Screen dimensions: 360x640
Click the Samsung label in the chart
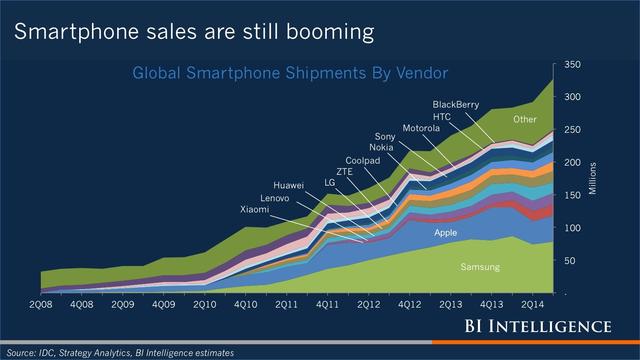click(x=479, y=268)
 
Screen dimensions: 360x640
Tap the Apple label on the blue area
click(x=445, y=233)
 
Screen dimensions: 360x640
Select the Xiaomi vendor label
click(x=254, y=210)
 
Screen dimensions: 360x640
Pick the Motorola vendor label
click(x=421, y=129)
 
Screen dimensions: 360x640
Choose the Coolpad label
click(x=362, y=160)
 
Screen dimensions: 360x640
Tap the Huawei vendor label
click(x=290, y=186)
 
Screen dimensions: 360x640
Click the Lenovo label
click(x=275, y=198)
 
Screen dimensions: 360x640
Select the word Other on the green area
click(x=525, y=120)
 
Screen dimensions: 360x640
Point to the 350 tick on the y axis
click(x=572, y=65)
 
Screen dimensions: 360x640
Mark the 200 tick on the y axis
click(x=572, y=163)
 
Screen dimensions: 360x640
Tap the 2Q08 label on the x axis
click(x=42, y=304)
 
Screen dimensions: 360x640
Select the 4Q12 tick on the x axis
click(x=410, y=304)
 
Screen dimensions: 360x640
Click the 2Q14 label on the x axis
click(x=533, y=304)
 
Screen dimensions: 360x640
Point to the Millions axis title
click(x=593, y=178)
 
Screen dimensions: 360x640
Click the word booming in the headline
click(x=325, y=32)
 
